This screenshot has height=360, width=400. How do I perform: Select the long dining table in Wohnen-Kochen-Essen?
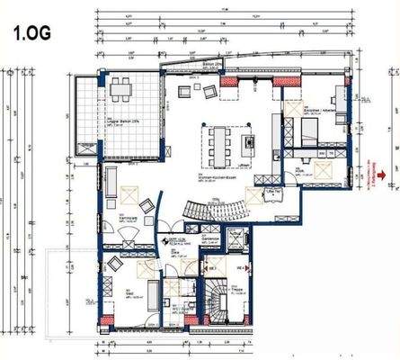(220, 139)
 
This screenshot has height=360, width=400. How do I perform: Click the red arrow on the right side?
(381, 175)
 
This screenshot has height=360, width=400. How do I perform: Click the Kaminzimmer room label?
(129, 217)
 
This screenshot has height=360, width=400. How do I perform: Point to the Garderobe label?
(209, 240)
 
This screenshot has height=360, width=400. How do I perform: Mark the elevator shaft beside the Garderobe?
(236, 240)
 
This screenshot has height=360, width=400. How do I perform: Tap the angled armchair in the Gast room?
(115, 267)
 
